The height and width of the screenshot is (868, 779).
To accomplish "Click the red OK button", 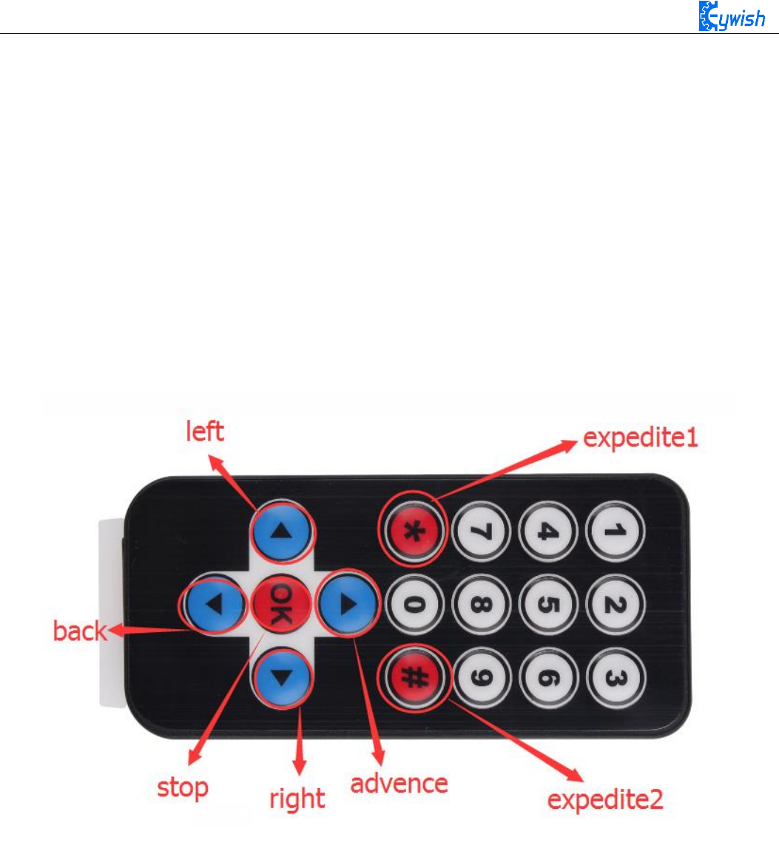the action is [x=280, y=604].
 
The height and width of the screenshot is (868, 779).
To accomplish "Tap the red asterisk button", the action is [x=414, y=531].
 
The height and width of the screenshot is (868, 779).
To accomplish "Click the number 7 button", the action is [x=481, y=531].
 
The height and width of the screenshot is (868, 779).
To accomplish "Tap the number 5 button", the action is [x=547, y=604].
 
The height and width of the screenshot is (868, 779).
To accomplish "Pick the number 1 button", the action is [x=615, y=531].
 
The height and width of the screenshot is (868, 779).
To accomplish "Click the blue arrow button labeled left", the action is [x=281, y=532].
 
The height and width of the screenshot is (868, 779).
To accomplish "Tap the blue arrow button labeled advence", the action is [x=347, y=604].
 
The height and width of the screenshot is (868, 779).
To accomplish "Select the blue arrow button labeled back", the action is [x=214, y=604].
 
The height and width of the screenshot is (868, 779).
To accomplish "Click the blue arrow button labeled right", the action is [x=281, y=677].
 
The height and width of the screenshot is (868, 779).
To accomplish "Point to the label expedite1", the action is [x=641, y=438].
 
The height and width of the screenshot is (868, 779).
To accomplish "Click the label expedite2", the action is [x=605, y=799].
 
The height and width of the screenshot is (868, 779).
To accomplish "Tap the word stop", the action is [x=182, y=788].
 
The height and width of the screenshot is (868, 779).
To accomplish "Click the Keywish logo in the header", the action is [x=732, y=16].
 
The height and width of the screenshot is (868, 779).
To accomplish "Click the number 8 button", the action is [x=481, y=604].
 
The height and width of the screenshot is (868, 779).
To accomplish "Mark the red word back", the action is [x=79, y=631].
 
